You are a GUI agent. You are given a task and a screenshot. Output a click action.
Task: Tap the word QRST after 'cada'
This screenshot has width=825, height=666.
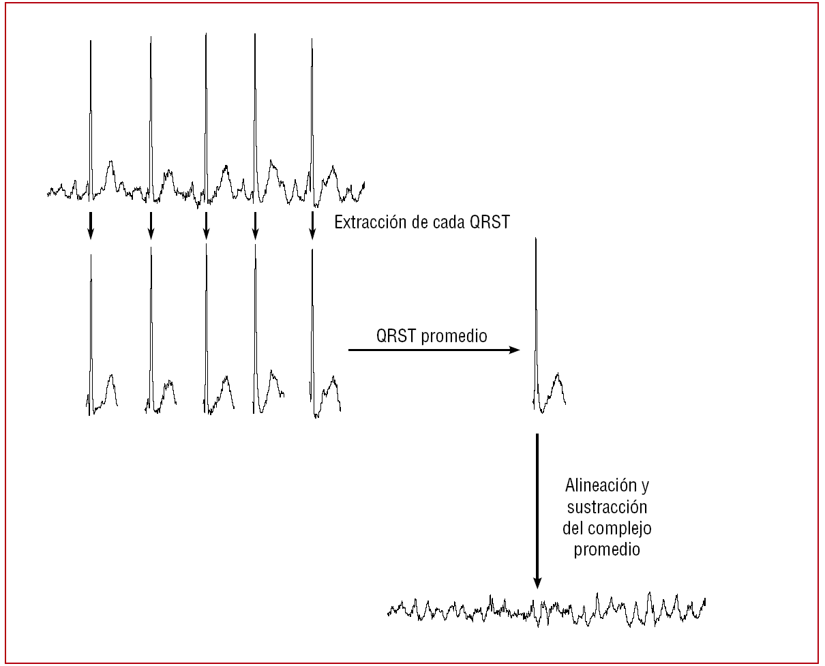coord(490,222)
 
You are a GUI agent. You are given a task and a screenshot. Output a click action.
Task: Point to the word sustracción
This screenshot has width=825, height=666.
coord(606,507)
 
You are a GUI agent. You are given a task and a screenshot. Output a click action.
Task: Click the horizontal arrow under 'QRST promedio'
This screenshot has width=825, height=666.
coord(434,350)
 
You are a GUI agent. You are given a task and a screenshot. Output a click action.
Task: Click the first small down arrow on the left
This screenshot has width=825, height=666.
coord(90,225)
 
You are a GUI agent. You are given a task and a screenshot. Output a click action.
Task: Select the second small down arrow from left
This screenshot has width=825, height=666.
coord(151,225)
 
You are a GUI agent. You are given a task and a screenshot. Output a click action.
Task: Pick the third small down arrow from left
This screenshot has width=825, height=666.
coord(206,225)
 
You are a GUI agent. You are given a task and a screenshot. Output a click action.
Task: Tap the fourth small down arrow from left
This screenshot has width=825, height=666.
coord(255,225)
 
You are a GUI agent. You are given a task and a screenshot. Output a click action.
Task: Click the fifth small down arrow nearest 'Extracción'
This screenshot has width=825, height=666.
coord(312,225)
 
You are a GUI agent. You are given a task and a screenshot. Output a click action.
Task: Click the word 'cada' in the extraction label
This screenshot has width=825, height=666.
coord(449,222)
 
